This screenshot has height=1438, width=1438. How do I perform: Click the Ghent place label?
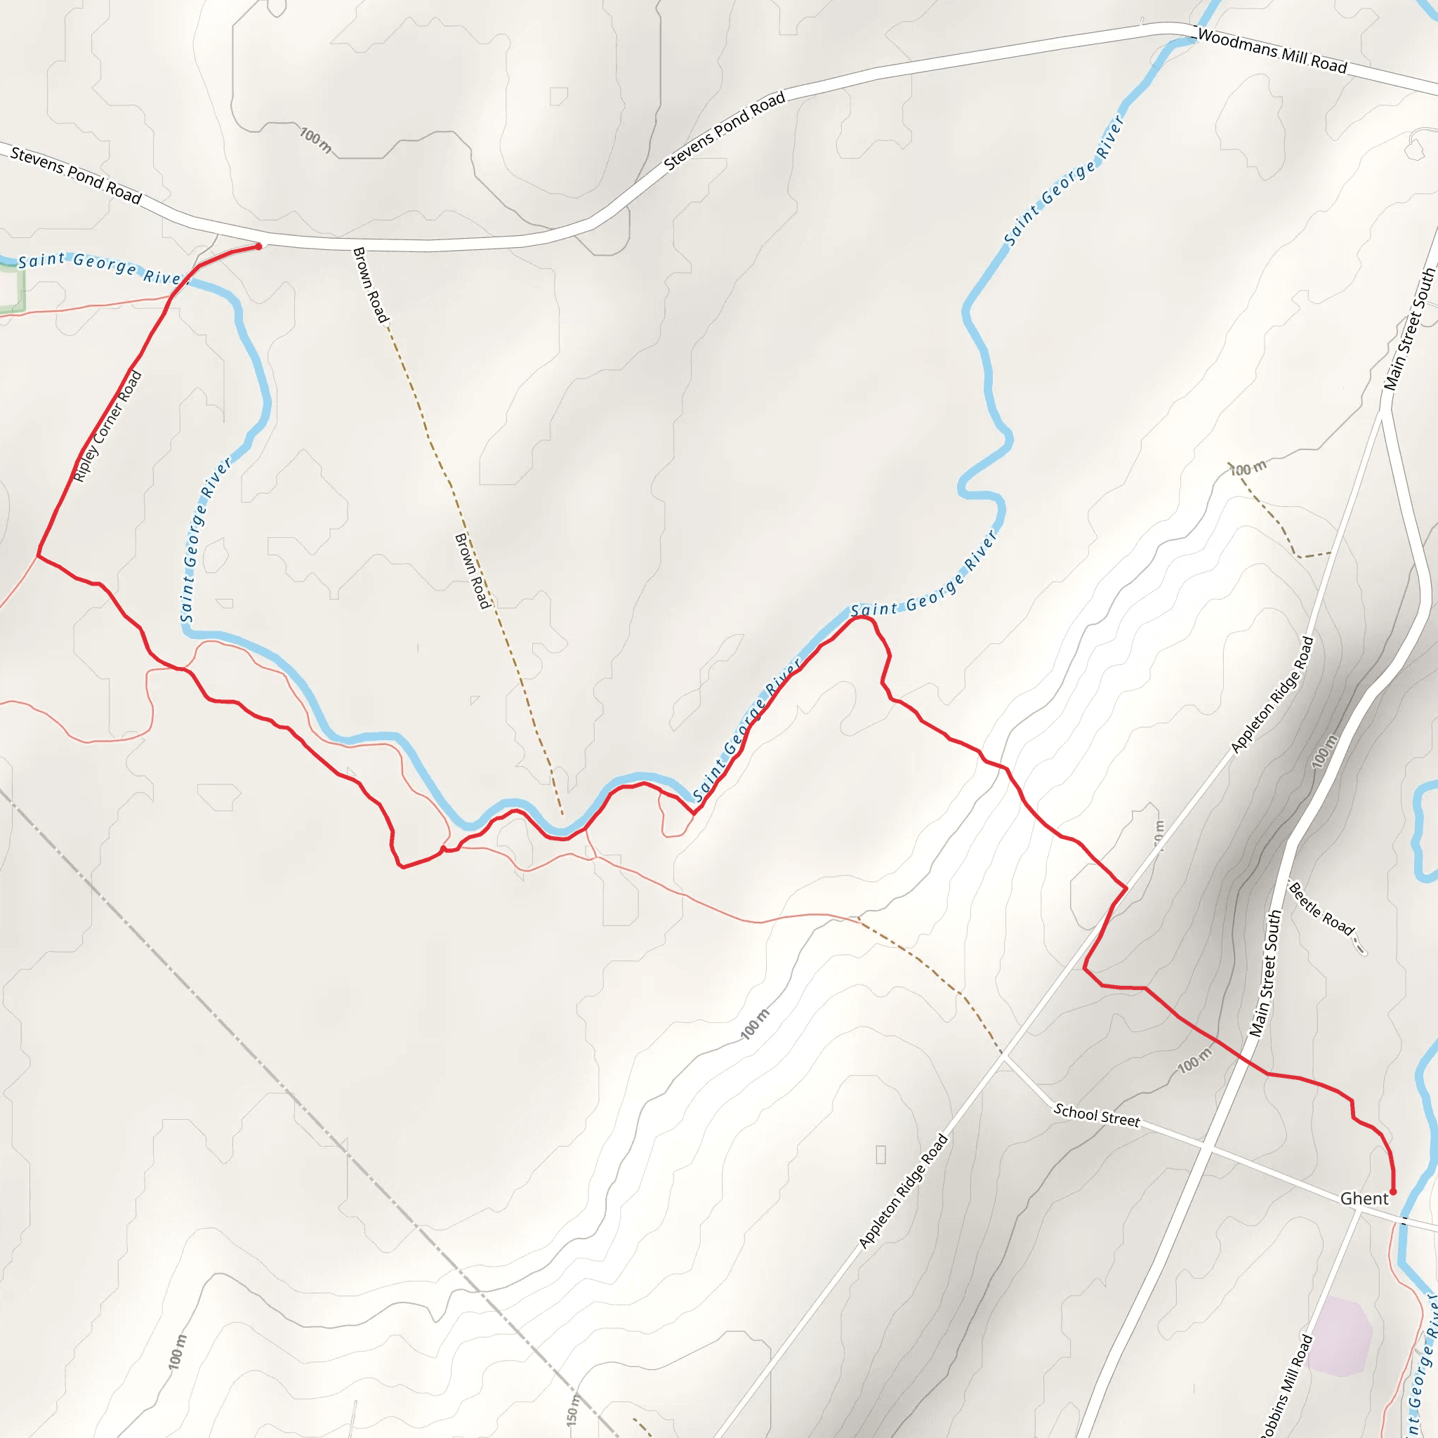point(1364,1199)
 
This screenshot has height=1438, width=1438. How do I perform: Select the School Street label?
point(1096,1115)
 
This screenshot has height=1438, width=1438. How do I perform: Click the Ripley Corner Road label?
point(108,426)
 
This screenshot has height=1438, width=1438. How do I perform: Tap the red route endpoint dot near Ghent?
point(1393,1192)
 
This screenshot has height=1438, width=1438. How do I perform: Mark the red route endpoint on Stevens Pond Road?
point(258,246)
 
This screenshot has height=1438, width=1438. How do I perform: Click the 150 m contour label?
point(572,1410)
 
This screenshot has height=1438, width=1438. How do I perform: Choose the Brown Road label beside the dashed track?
point(473,571)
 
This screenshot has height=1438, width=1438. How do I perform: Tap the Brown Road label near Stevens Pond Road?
point(370,285)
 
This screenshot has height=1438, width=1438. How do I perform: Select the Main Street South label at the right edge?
point(1409,329)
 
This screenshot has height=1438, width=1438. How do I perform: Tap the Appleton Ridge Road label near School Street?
point(904,1190)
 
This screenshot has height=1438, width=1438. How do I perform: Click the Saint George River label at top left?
point(100,268)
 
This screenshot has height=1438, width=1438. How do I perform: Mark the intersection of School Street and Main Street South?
point(1207,1150)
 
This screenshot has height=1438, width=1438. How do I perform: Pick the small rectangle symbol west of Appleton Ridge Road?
point(880,1154)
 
